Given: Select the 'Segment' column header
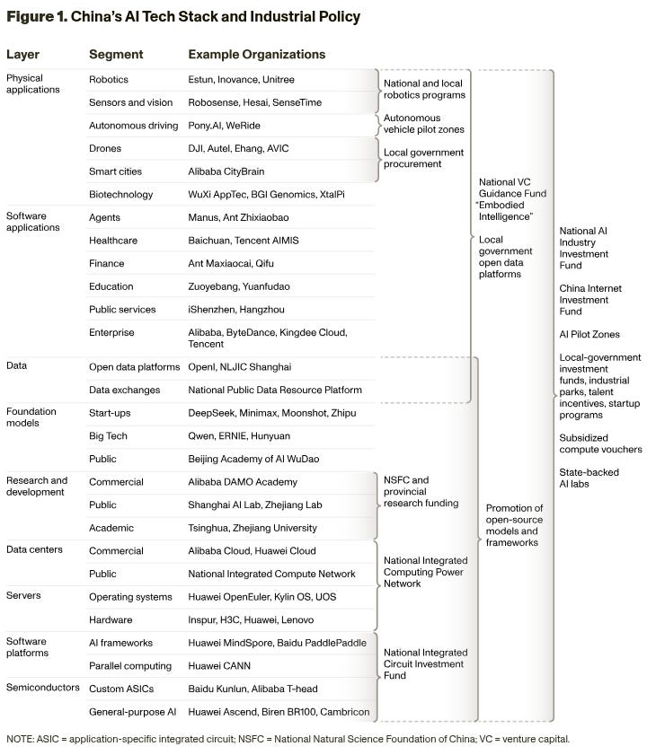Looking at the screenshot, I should (116, 55).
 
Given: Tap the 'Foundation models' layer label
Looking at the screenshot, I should (31, 417).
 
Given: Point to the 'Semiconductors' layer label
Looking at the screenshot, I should (40, 688).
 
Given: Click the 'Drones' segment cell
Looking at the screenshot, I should (105, 148).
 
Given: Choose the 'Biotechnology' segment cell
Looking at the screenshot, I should (121, 194).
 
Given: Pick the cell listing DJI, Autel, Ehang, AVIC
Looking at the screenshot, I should (238, 148).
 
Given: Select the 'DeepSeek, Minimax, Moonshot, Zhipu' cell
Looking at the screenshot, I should (272, 413).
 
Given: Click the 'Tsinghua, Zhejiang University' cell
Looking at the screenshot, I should (253, 528).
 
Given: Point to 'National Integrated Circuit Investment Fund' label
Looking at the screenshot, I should (425, 664).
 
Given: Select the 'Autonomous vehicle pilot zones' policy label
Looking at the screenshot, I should (423, 124).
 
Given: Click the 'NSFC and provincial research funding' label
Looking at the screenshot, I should (421, 492).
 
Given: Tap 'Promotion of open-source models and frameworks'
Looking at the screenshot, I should (514, 525).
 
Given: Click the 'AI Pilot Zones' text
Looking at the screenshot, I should (589, 334).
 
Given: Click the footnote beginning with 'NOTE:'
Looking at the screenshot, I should (288, 740).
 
